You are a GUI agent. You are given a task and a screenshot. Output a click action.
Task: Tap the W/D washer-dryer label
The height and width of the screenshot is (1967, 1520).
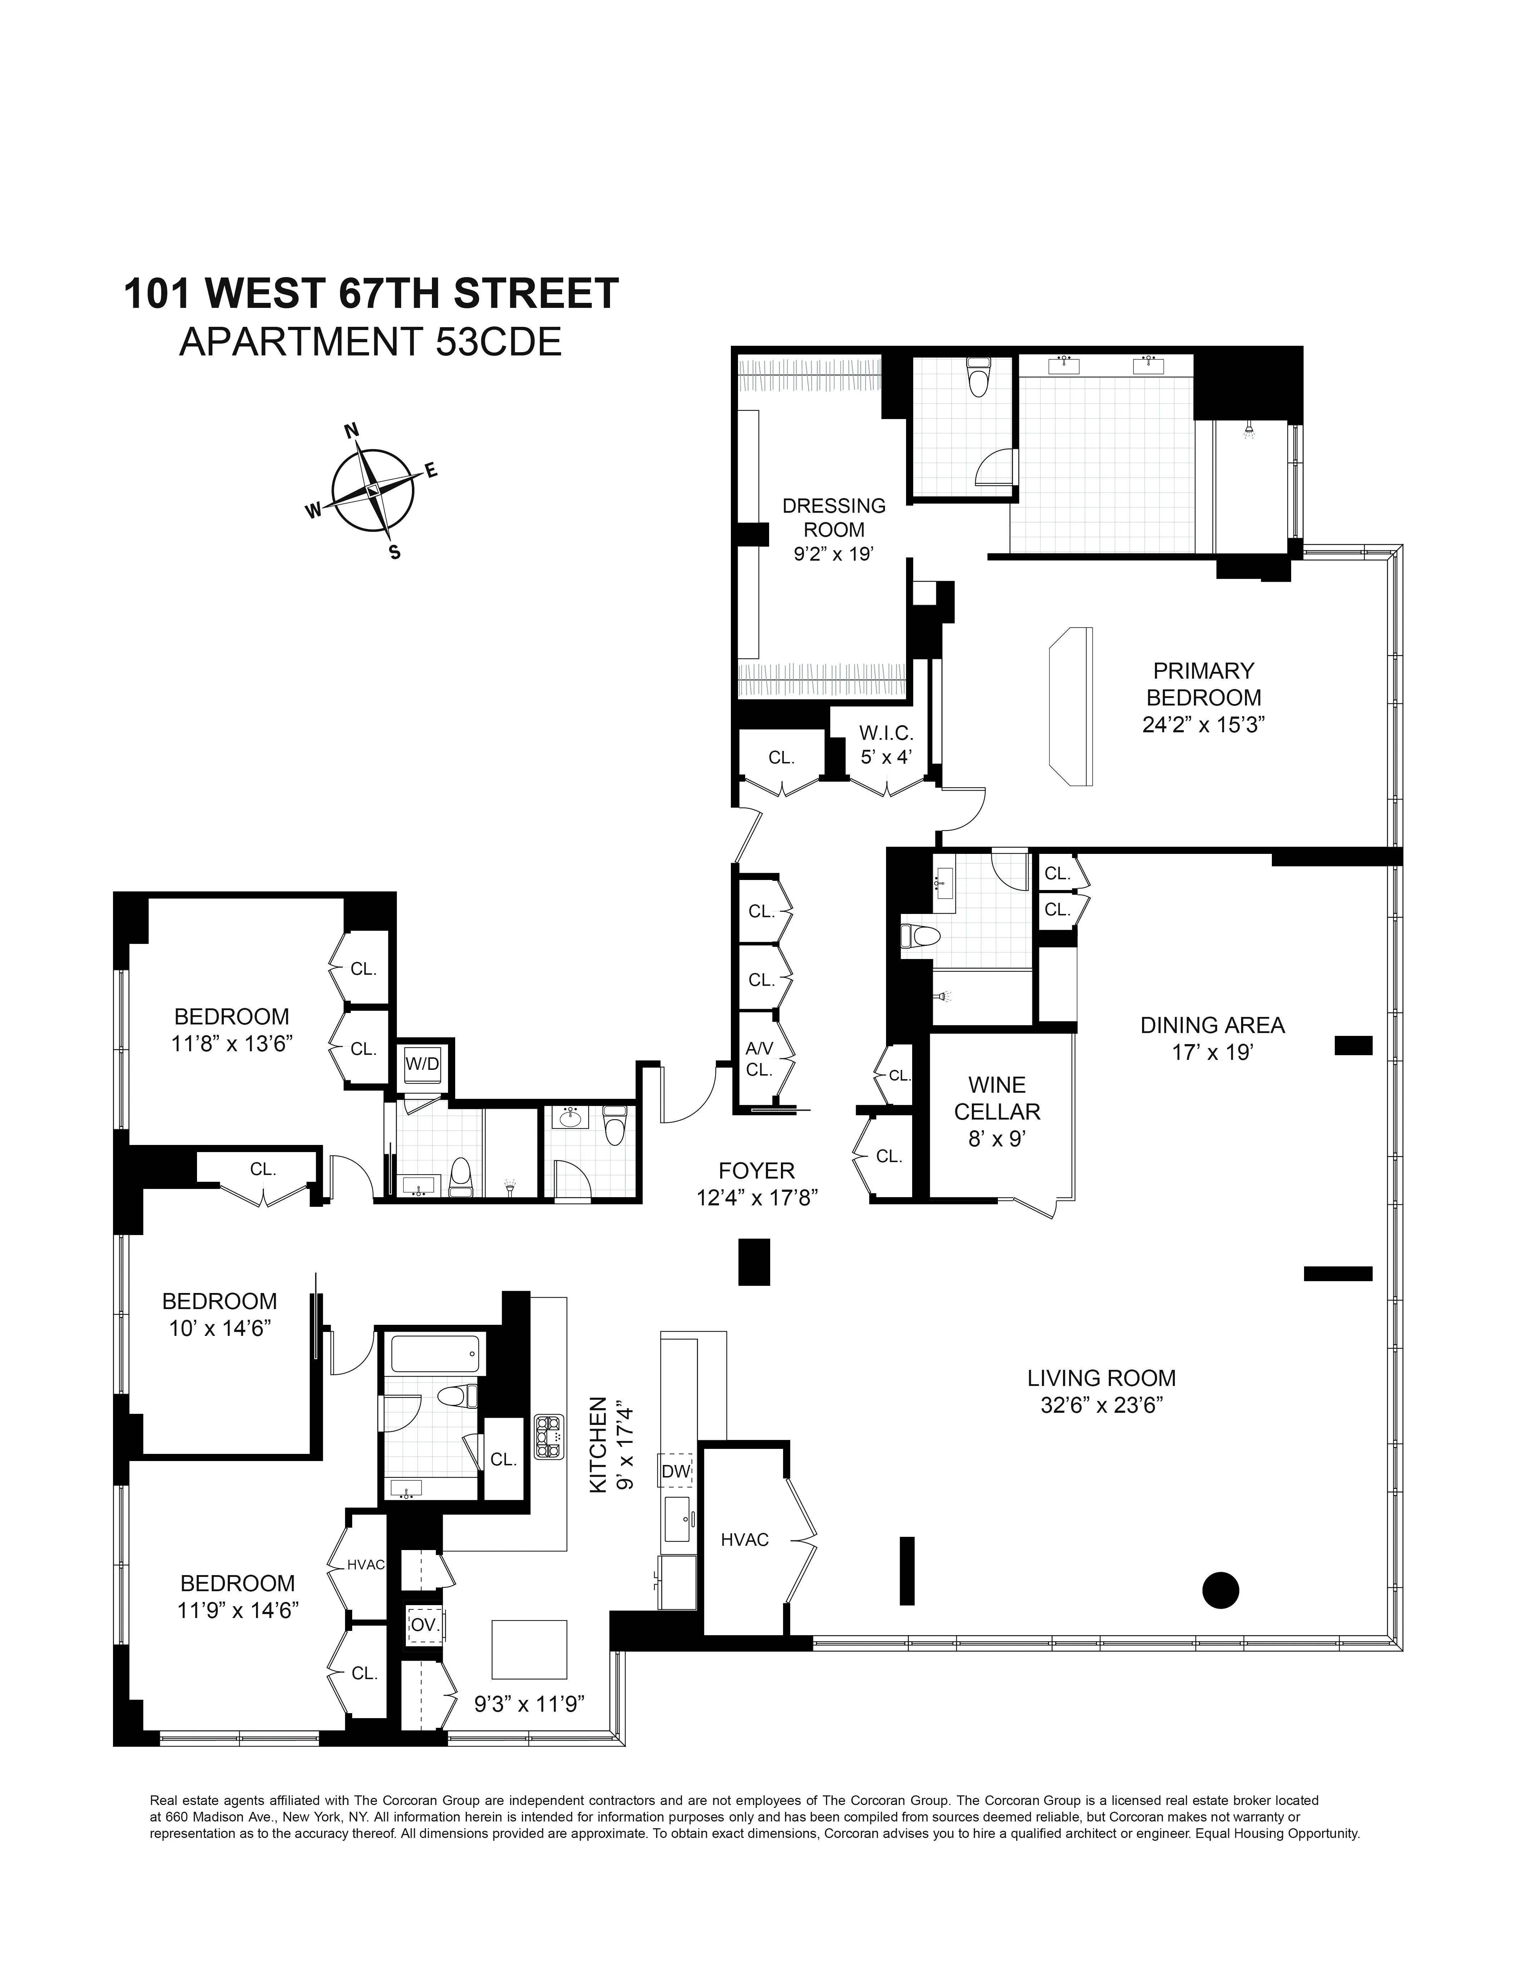422,1064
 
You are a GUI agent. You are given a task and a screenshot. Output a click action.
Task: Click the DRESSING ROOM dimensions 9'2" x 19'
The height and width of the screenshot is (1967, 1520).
834,554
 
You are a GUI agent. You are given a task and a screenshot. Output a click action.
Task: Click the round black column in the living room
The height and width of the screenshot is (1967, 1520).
1220,1590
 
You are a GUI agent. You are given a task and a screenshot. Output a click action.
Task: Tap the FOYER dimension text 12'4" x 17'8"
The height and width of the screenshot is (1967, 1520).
756,1198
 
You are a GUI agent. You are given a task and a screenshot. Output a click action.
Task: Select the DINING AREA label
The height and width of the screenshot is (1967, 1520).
1212,1025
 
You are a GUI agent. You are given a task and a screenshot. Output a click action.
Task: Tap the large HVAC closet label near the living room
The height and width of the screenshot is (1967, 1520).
745,1539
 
